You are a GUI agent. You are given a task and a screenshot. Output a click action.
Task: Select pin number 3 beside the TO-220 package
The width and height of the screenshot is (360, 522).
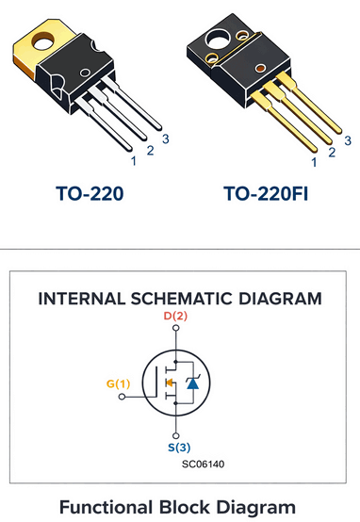pos(165,139)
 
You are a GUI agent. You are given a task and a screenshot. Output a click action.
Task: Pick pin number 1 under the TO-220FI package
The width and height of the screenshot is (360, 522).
pos(314,163)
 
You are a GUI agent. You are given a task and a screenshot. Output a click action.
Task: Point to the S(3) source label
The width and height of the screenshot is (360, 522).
pos(175,448)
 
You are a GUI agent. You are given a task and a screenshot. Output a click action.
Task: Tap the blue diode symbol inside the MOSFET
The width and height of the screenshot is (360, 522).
pos(192,383)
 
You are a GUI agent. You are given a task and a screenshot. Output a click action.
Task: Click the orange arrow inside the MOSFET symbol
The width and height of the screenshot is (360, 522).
pos(169,383)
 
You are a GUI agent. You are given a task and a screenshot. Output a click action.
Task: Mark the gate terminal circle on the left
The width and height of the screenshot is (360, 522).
pos(122,398)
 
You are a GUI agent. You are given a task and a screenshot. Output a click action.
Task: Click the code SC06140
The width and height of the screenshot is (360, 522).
pos(204,464)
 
